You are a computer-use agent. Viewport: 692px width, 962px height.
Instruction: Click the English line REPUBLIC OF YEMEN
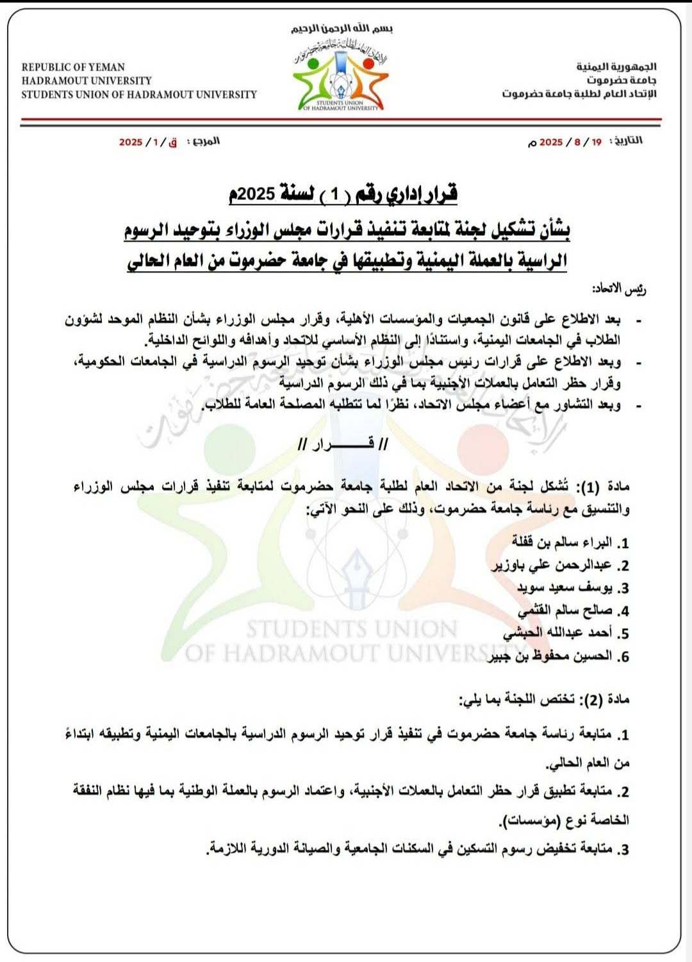point(73,67)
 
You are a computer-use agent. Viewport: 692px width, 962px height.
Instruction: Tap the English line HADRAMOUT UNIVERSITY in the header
point(86,81)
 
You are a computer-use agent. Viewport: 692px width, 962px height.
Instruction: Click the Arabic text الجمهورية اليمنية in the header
point(616,67)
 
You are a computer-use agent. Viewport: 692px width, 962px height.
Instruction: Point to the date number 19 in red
point(597,142)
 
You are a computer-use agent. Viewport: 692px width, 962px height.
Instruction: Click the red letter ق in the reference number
point(172,142)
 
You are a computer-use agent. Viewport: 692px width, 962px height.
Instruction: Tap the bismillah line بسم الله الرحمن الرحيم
point(342,29)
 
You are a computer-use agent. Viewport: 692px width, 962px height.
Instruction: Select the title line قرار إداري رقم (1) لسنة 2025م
point(343,194)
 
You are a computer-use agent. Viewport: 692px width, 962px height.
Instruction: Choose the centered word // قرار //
point(343,444)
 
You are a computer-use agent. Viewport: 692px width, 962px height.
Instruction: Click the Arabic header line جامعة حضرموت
point(621,80)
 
